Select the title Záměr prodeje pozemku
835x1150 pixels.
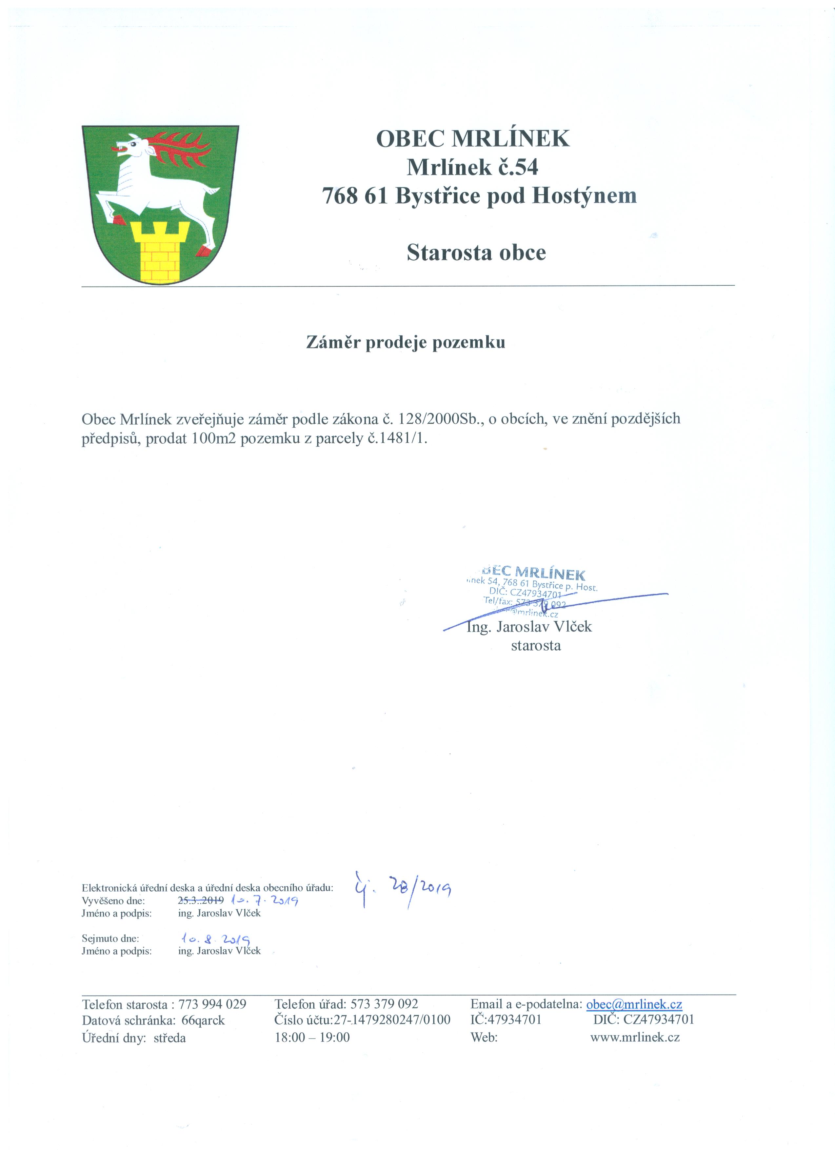pos(406,343)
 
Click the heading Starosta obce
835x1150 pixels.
pos(476,252)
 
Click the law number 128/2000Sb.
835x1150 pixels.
pos(441,419)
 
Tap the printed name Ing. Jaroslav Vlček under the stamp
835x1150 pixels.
pos(529,627)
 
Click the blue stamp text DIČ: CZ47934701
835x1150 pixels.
pos(525,593)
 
